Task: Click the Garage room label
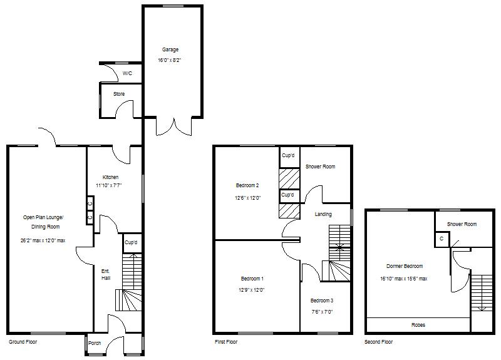pyautogui.click(x=170, y=49)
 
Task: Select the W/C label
pyautogui.click(x=127, y=73)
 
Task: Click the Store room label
pyautogui.click(x=118, y=94)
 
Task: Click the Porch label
pyautogui.click(x=95, y=343)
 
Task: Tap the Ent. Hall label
pyautogui.click(x=106, y=274)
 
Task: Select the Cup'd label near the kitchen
pyautogui.click(x=131, y=242)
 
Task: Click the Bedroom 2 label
pyautogui.click(x=247, y=185)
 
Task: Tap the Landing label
pyautogui.click(x=323, y=214)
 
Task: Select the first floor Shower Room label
pyautogui.click(x=320, y=167)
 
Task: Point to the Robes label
pyautogui.click(x=418, y=326)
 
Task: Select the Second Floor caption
pyautogui.click(x=379, y=342)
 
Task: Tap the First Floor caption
pyautogui.click(x=225, y=342)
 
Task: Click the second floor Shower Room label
pyautogui.click(x=462, y=224)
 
